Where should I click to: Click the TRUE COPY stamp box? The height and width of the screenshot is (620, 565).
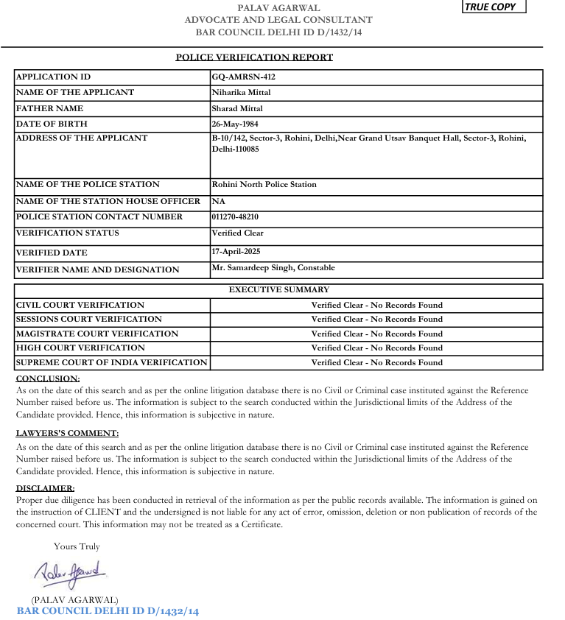494,7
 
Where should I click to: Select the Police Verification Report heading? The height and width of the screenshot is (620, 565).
254,57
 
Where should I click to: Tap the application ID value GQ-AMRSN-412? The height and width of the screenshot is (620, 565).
243,77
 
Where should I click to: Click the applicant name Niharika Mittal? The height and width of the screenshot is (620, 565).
241,92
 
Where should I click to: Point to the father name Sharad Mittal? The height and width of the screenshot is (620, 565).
237,108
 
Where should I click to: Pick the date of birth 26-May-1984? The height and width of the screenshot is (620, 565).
235,124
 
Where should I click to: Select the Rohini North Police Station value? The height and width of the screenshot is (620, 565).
264,184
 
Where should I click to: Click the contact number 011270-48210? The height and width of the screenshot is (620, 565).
235,216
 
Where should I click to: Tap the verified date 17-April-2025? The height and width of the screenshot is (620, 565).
236,252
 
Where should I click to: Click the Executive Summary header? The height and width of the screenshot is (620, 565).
279,289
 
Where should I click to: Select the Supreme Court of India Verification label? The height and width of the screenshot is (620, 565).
111,362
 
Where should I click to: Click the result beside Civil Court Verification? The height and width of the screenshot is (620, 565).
376,304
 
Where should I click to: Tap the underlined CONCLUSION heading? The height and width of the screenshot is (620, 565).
48,378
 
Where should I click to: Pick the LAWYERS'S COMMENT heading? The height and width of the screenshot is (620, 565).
67,433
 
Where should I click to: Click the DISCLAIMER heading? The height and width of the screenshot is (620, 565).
46,487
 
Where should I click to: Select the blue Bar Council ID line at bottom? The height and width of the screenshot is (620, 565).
108,611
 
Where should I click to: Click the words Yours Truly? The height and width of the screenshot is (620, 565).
77,546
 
